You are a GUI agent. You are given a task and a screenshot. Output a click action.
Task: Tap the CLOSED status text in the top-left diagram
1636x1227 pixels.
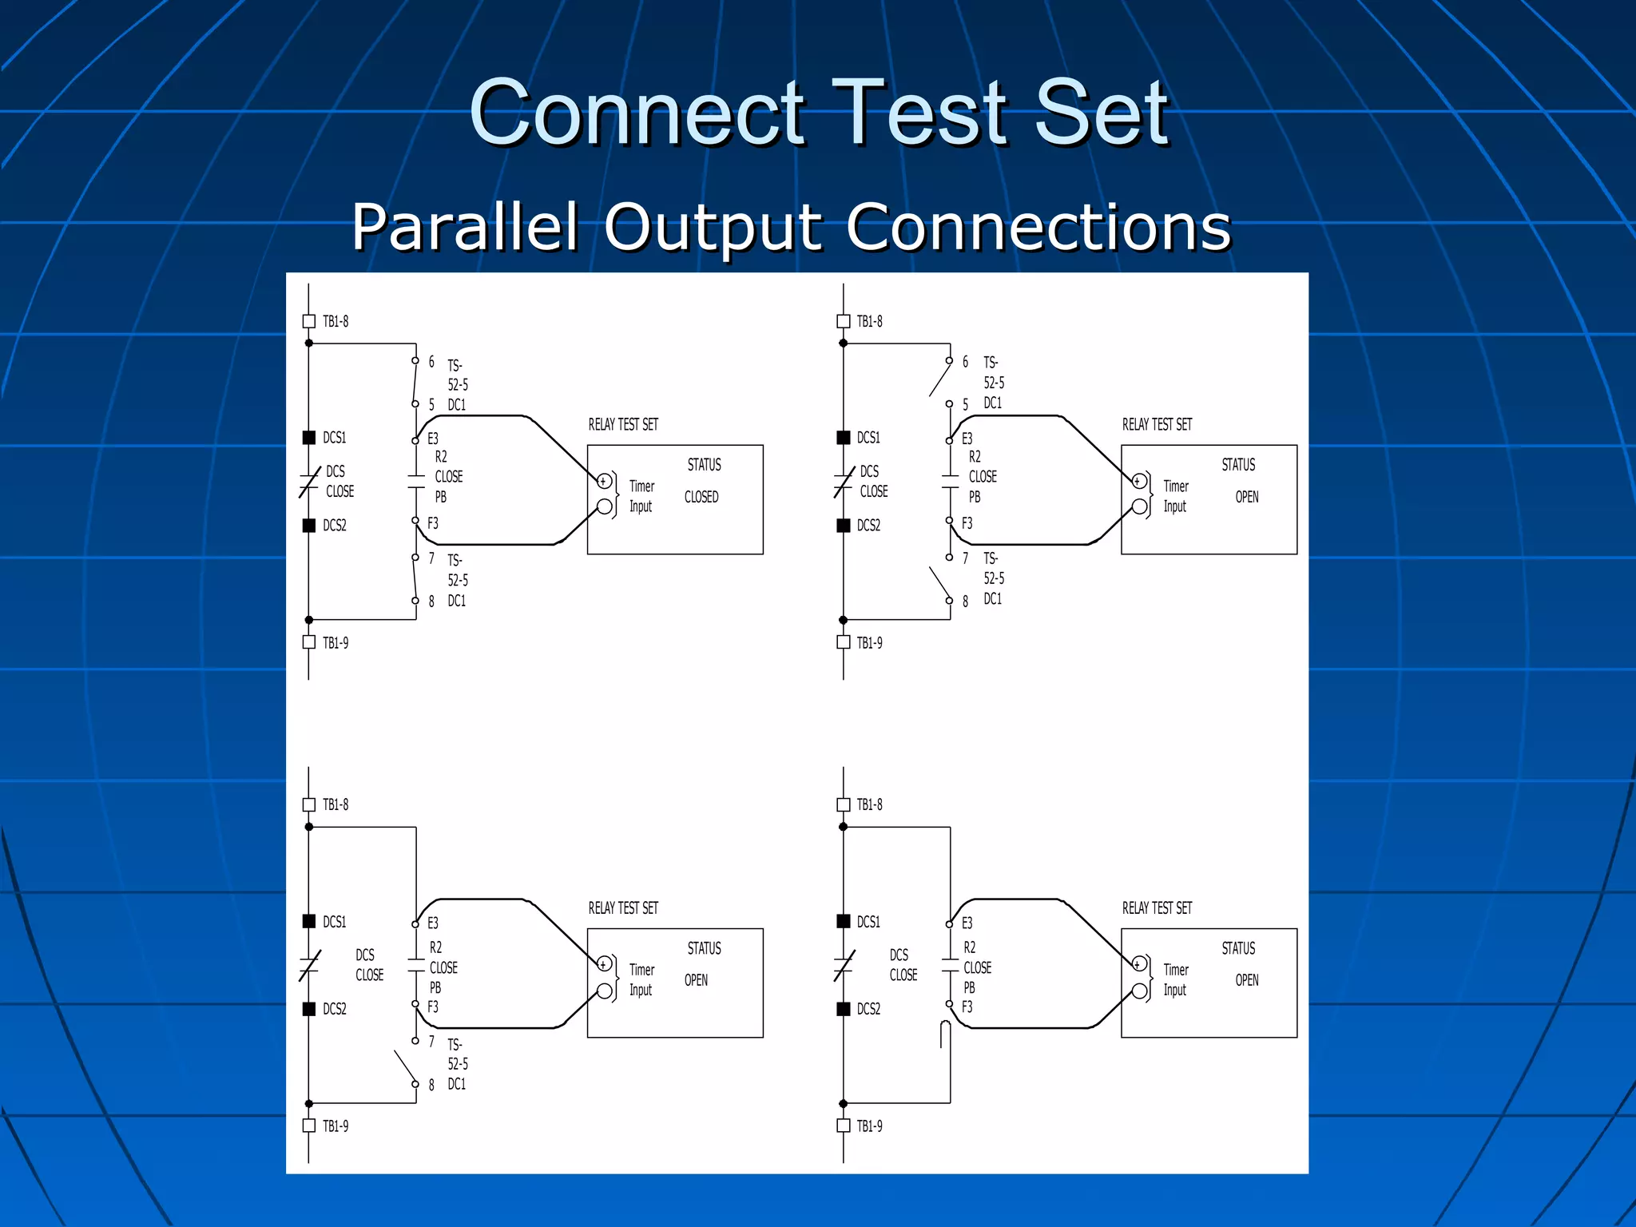(x=701, y=497)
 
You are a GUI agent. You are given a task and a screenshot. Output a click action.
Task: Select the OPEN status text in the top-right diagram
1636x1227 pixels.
(x=1246, y=497)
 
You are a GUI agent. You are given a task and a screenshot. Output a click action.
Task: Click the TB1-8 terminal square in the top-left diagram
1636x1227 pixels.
(x=309, y=321)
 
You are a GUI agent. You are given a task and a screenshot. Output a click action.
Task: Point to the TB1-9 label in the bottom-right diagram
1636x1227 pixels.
(x=869, y=1126)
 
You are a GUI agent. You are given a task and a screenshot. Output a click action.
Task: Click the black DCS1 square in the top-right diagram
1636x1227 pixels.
(x=843, y=438)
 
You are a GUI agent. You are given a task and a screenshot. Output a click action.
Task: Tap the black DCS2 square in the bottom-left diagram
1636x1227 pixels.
(x=309, y=1009)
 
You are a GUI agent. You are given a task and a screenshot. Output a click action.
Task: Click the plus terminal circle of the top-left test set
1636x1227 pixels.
(x=605, y=481)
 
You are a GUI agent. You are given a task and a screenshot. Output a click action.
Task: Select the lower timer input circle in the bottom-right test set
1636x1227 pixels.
(x=1140, y=991)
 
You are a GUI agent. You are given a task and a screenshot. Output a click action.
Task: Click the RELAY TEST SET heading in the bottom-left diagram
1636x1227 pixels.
(x=623, y=908)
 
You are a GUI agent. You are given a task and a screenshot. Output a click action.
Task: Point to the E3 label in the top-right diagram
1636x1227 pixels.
(x=967, y=439)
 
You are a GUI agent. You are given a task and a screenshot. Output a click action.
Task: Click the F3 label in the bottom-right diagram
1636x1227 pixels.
(x=967, y=1007)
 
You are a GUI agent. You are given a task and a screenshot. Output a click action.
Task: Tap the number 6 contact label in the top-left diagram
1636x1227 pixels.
(x=431, y=362)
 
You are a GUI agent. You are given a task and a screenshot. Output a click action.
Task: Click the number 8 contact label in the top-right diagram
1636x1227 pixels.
(x=965, y=602)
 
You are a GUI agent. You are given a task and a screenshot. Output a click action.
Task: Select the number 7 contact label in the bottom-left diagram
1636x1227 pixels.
(x=431, y=1042)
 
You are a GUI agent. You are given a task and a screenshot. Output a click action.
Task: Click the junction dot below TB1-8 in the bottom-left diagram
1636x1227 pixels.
(x=309, y=827)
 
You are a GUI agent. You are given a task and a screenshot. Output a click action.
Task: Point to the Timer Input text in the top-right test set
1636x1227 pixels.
(x=1175, y=496)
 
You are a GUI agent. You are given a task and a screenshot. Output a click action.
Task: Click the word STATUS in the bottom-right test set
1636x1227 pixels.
(x=1237, y=948)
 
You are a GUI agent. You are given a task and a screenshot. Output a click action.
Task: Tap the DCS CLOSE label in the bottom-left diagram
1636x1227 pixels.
(x=369, y=965)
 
